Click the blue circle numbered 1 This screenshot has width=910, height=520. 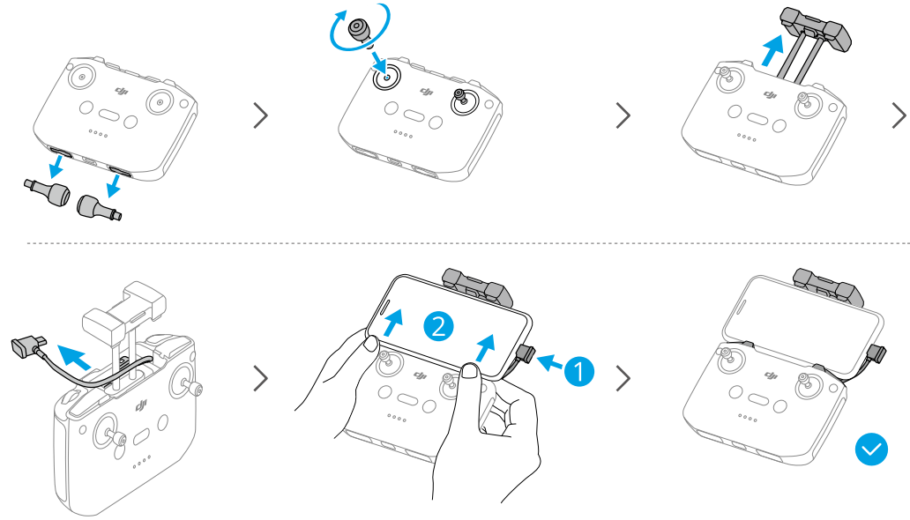point(578,370)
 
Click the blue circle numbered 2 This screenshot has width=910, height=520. point(438,326)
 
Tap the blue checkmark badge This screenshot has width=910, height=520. point(871,449)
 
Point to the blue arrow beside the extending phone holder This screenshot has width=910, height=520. point(772,50)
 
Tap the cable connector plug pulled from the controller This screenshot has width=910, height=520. point(27,347)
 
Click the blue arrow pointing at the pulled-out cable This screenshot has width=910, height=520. point(74,356)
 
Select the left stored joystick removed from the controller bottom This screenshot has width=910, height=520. point(48,191)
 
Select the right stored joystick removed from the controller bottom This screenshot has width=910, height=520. point(100,206)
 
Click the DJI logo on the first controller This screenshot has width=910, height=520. point(122,91)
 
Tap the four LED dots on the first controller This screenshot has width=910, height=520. point(98,133)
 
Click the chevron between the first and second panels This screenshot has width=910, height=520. point(261,115)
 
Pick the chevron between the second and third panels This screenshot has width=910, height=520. point(623,115)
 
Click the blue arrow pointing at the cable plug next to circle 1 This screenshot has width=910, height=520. point(549,363)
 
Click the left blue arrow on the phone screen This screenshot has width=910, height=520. point(393,322)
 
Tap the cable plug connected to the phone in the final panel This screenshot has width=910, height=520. point(876,353)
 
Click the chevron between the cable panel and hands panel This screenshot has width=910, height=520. point(261,378)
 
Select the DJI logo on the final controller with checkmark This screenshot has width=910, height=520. point(772,375)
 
